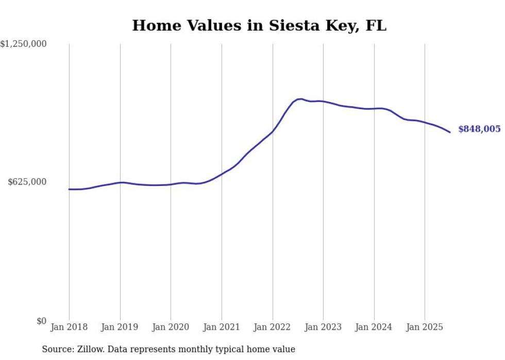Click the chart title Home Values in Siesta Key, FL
[x=259, y=25]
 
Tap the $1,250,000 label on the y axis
[x=24, y=44]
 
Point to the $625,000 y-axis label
[x=27, y=182]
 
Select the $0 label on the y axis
[x=41, y=321]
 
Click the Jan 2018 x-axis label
[x=69, y=327]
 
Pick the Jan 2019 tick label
[x=120, y=327]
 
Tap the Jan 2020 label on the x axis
[x=171, y=327]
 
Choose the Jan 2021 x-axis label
[x=222, y=327]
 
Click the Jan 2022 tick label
[x=273, y=327]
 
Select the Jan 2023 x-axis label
[x=323, y=327]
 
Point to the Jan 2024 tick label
[x=374, y=327]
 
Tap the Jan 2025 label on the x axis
[x=425, y=327]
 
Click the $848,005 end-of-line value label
[x=479, y=129]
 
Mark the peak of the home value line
[x=300, y=99]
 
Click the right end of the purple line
[x=450, y=132]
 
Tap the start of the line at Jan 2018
[x=69, y=189]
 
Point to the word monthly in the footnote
[x=204, y=349]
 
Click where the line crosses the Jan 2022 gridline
[x=273, y=131]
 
